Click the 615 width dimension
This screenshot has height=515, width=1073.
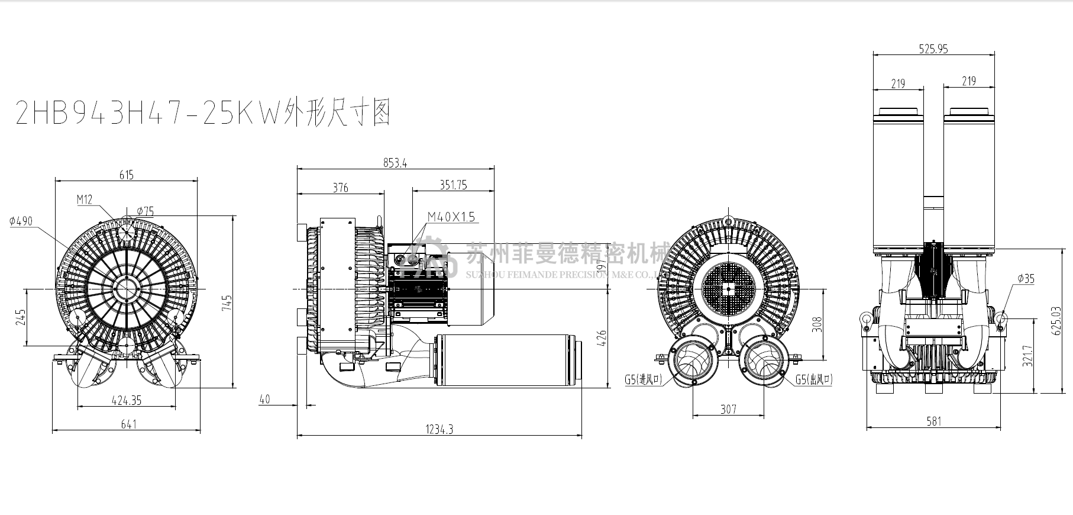tap(127, 175)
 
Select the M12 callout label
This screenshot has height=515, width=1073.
tap(85, 199)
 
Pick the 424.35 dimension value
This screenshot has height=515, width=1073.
tap(127, 400)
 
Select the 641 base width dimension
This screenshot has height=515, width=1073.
tap(128, 424)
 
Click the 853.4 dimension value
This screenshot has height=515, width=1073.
tap(395, 163)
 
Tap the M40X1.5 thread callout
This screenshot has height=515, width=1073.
tap(451, 217)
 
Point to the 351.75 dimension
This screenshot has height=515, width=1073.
tap(453, 185)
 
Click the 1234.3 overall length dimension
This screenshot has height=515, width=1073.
tap(439, 429)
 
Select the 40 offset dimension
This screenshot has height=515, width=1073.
tap(264, 400)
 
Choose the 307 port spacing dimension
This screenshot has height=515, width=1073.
tap(729, 409)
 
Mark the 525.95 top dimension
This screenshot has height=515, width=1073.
tap(933, 49)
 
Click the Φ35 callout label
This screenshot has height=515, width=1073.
tap(1026, 279)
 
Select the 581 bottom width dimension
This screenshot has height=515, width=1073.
tap(933, 421)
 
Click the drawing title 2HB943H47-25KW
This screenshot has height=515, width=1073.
tap(201, 112)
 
